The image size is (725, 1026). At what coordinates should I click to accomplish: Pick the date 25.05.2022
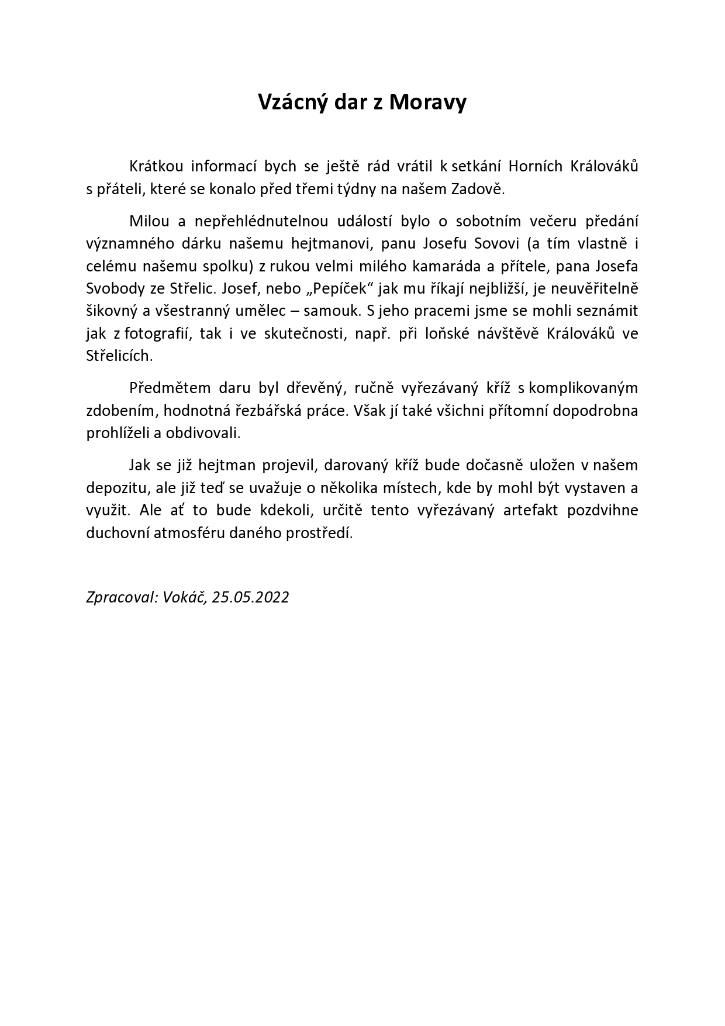pyautogui.click(x=251, y=597)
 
